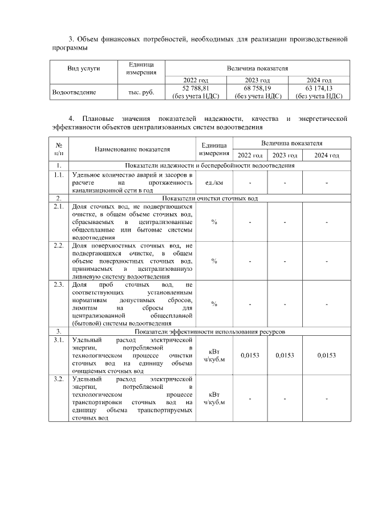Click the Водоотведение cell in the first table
[74, 92]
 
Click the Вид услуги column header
[84, 68]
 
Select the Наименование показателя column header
[132, 149]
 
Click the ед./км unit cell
[213, 182]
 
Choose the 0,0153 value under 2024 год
[326, 355]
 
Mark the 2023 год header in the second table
[284, 156]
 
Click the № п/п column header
[59, 149]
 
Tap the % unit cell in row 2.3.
[213, 304]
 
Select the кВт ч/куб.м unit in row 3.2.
[214, 398]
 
